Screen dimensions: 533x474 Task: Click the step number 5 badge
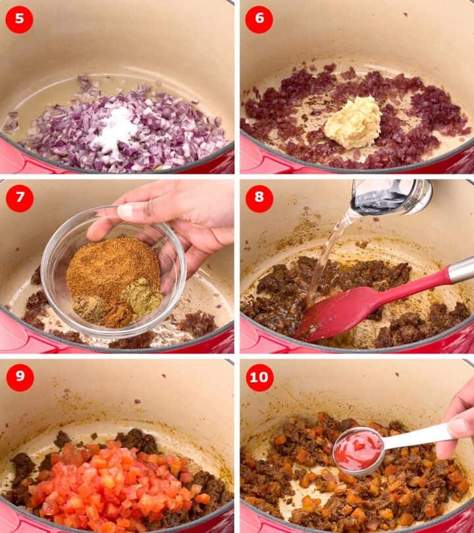click(x=19, y=20)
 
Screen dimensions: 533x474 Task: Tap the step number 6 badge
click(x=259, y=20)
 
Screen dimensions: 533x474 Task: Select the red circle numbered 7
click(x=19, y=198)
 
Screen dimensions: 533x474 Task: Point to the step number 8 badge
click(x=259, y=198)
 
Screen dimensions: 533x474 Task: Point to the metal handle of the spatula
click(x=461, y=269)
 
